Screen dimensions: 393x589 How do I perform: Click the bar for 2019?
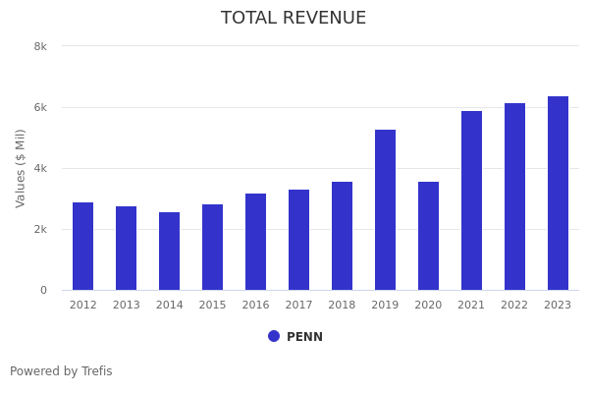385,210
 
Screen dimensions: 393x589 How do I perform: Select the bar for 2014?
169,252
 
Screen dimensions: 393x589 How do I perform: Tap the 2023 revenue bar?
558,194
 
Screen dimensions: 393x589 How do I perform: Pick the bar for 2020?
428,236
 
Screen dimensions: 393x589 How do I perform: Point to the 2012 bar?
82,247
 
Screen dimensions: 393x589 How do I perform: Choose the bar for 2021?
471,200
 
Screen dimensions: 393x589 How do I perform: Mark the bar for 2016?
255,242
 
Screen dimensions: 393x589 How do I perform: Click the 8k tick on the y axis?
40,46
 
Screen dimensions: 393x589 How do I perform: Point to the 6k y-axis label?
40,107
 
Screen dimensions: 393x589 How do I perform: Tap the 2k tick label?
40,229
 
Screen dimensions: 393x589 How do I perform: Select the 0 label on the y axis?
43,290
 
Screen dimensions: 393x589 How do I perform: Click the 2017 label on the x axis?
298,306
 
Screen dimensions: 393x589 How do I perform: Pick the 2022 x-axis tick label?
514,306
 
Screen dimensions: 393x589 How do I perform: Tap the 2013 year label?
126,306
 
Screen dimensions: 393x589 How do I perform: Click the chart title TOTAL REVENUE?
294,19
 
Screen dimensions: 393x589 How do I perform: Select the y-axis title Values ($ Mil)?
21,168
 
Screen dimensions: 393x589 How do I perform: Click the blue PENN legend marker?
274,336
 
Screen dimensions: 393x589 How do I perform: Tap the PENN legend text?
304,337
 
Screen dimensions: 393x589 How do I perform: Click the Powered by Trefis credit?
61,371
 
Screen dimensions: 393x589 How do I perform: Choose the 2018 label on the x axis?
342,306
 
